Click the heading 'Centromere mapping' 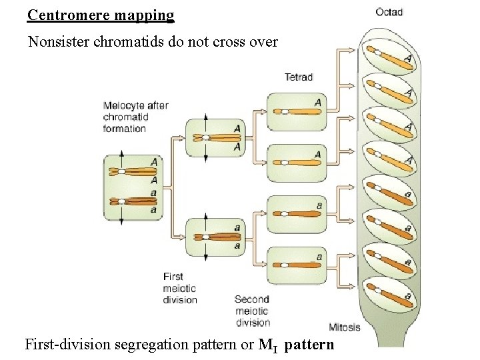tap(101, 14)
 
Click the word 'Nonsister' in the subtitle tap(59, 42)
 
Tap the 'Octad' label tap(389, 11)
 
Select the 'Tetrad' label tap(299, 77)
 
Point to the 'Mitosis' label tap(345, 327)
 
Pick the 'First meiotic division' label tap(180, 288)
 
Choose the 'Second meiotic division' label tap(251, 311)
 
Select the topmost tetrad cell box tap(297, 111)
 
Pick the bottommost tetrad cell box tap(297, 265)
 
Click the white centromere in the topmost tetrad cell tap(284, 112)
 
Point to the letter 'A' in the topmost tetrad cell tap(317, 103)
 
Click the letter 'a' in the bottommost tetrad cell tap(319, 257)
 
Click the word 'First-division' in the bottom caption tap(65, 345)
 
